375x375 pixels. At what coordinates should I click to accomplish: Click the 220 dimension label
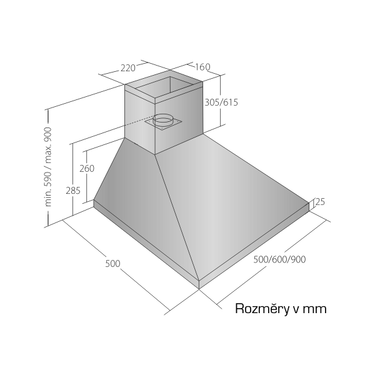pyautogui.click(x=128, y=68)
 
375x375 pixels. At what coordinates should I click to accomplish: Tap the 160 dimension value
pyautogui.click(x=202, y=67)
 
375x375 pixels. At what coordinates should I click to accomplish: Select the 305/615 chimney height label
pyautogui.click(x=221, y=102)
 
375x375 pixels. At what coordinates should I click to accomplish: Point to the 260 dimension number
pyautogui.click(x=87, y=169)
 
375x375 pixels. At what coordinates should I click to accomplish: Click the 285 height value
pyautogui.click(x=73, y=191)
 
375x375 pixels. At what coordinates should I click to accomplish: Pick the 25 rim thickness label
pyautogui.click(x=321, y=202)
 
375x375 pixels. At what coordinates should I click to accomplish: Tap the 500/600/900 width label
pyautogui.click(x=279, y=259)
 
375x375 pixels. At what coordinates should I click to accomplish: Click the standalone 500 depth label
pyautogui.click(x=112, y=264)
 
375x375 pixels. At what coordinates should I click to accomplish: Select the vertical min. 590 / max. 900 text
pyautogui.click(x=48, y=167)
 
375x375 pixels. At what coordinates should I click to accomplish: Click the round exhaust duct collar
pyautogui.click(x=163, y=120)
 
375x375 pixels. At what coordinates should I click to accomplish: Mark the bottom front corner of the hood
pyautogui.click(x=199, y=289)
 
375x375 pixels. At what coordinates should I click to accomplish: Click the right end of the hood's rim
pyautogui.click(x=309, y=207)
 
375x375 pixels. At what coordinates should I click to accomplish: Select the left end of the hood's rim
pyautogui.click(x=94, y=203)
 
